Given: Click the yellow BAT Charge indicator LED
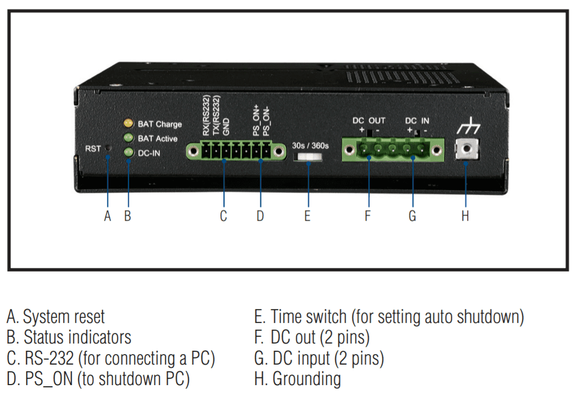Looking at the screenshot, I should (x=127, y=123).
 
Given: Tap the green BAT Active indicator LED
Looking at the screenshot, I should (x=127, y=137).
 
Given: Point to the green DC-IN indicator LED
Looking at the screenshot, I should (x=127, y=152).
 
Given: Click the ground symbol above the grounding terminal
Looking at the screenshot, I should (x=468, y=128).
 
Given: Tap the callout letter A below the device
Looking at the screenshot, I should (x=108, y=216).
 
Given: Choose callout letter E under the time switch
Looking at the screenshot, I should (x=307, y=216).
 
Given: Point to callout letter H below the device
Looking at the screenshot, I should (x=465, y=216).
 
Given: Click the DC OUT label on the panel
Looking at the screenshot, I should (x=369, y=120).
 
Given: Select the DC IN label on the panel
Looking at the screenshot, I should (x=417, y=120).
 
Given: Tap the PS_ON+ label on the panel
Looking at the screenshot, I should (x=256, y=120).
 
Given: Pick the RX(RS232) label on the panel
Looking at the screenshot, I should (x=206, y=116).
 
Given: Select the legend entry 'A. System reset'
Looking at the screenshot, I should (x=55, y=317).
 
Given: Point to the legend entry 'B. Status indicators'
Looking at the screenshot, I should (x=69, y=337).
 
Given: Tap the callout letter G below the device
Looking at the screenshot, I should (x=412, y=216).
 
